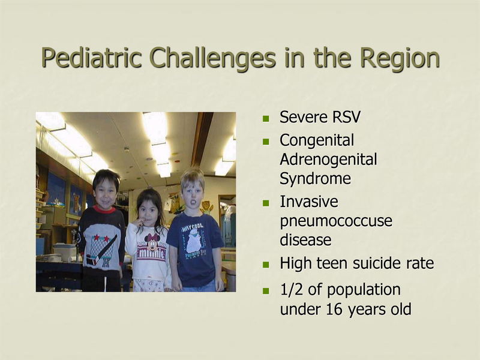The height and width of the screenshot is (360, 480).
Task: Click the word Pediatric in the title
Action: click(x=91, y=58)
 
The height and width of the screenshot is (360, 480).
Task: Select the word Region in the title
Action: click(x=400, y=58)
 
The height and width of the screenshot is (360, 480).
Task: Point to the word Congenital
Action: click(x=317, y=140)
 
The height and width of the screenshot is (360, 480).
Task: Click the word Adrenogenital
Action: click(x=328, y=160)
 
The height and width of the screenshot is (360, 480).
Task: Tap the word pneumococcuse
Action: click(x=336, y=221)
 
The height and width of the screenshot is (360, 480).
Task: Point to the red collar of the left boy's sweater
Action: click(x=104, y=209)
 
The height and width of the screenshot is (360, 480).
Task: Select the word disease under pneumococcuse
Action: click(x=305, y=240)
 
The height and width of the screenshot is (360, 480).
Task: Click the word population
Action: click(x=365, y=289)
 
